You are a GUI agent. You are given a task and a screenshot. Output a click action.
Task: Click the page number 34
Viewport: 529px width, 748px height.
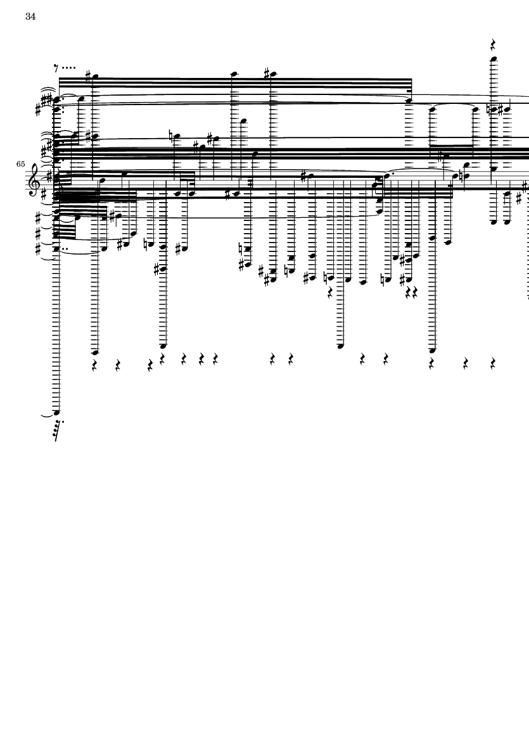(x=30, y=16)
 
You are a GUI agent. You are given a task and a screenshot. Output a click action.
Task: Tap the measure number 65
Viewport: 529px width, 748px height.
(x=20, y=164)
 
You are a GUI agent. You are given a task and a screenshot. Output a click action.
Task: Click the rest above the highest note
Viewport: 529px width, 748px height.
(x=494, y=45)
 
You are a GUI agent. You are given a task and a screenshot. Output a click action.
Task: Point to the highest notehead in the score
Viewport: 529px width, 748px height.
(x=494, y=59)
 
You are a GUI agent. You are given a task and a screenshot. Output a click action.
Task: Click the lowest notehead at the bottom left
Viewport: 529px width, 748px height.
(x=57, y=412)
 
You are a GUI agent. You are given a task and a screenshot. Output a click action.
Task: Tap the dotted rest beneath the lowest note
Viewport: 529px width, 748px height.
(x=58, y=430)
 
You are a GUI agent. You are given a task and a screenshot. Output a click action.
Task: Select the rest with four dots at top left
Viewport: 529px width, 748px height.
(x=65, y=68)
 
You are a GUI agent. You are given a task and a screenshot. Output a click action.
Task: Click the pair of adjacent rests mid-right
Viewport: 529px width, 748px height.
(x=411, y=293)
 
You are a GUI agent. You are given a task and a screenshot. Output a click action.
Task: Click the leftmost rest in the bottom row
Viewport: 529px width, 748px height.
(x=94, y=366)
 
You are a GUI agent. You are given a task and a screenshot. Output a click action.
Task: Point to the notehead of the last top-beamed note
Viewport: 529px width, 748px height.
(x=409, y=101)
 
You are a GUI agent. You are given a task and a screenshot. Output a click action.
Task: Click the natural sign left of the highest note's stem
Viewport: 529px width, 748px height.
(x=488, y=110)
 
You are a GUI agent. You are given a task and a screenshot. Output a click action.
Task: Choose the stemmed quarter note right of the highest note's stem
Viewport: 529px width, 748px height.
(x=507, y=109)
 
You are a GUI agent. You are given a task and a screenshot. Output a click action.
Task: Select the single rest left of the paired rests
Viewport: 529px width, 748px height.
(x=329, y=293)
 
